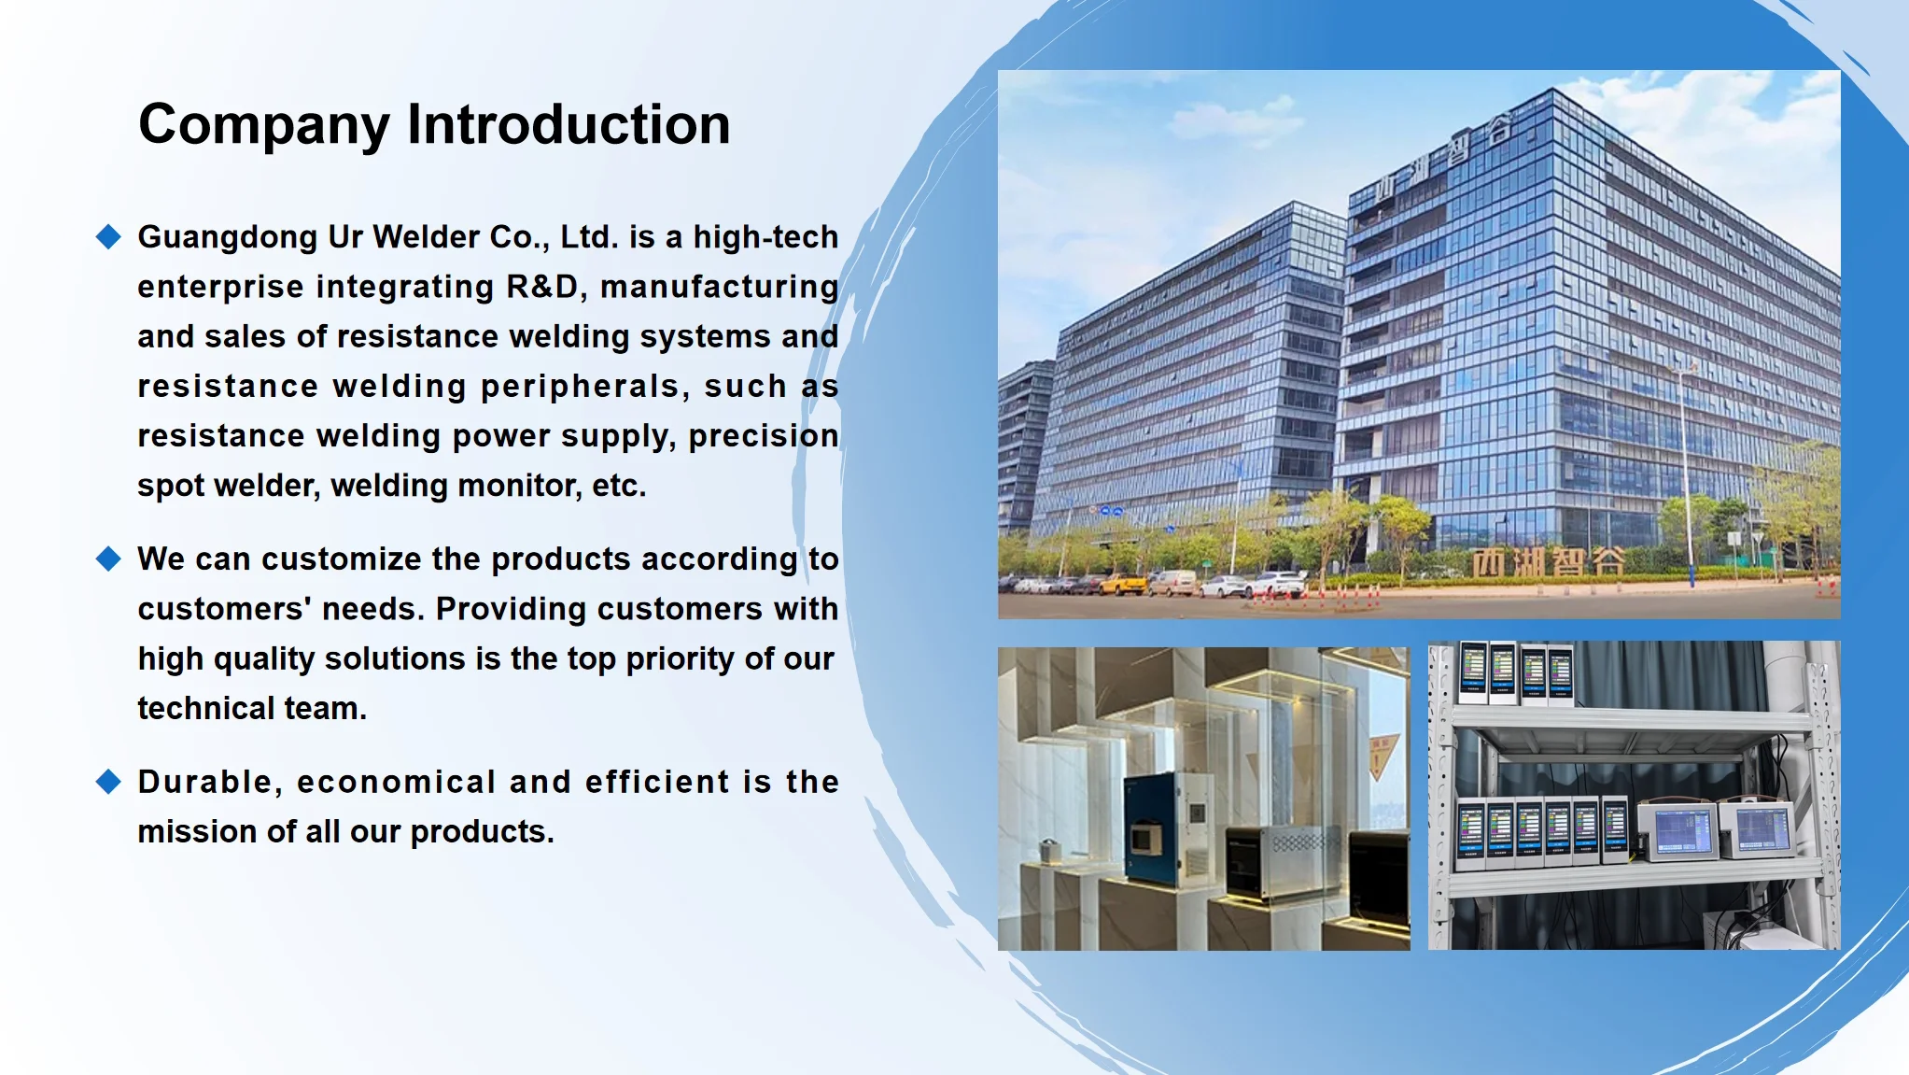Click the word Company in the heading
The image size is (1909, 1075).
(x=264, y=126)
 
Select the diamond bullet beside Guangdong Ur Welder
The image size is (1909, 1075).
(x=109, y=236)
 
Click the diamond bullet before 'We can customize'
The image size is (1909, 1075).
(x=109, y=559)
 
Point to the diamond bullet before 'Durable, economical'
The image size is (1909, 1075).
(x=109, y=782)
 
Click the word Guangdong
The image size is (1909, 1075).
(x=228, y=238)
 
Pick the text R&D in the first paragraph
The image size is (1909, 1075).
(x=542, y=286)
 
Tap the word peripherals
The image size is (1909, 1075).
(x=580, y=387)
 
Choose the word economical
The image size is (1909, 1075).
(x=397, y=782)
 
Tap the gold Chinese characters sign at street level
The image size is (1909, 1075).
(x=1549, y=562)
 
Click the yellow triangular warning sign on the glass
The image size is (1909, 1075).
(x=1382, y=756)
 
